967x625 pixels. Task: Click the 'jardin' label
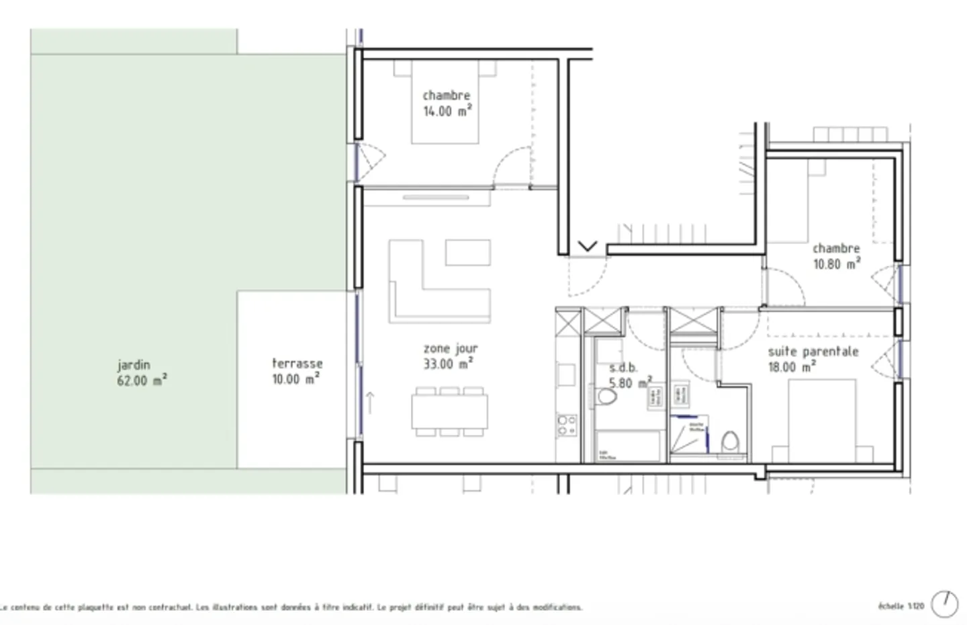click(134, 365)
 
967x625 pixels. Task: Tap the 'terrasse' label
click(297, 363)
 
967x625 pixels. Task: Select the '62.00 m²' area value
click(141, 380)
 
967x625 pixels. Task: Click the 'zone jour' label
click(450, 348)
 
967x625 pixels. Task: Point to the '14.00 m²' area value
click(447, 111)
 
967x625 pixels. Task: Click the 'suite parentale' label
click(813, 351)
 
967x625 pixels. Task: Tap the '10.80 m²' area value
click(836, 264)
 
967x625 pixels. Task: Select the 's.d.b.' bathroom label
click(623, 368)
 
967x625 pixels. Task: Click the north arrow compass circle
click(945, 603)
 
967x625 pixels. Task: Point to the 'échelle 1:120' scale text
click(901, 606)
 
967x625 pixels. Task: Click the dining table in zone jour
click(449, 411)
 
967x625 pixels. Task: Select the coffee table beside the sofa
click(467, 253)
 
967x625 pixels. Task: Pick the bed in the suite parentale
click(822, 420)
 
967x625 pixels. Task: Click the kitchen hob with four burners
click(567, 425)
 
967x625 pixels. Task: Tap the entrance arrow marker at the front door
click(587, 247)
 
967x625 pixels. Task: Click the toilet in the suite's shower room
click(730, 444)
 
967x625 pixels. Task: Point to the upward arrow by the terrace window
click(369, 403)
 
